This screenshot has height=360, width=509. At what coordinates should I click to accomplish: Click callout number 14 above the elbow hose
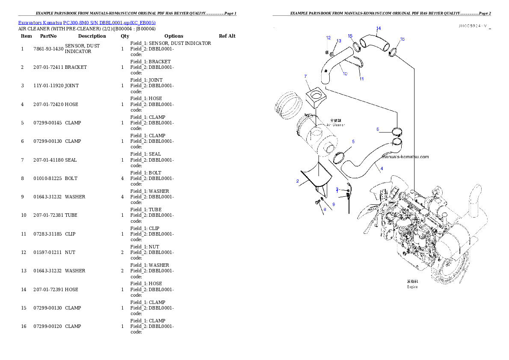tap(378, 29)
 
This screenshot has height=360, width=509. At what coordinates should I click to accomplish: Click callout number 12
tap(328, 38)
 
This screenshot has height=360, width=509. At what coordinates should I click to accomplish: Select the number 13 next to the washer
tap(339, 41)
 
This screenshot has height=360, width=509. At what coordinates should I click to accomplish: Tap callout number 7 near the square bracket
tap(305, 77)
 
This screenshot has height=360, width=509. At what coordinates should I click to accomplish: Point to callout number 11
tap(361, 79)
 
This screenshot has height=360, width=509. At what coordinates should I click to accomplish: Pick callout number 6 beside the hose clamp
tap(378, 129)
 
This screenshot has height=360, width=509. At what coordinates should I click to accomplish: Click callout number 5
tap(353, 141)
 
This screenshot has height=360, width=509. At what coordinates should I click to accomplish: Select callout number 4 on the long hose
tap(382, 168)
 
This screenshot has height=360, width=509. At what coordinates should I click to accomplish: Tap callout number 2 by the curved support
tap(297, 181)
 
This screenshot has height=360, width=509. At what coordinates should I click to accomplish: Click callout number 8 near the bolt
tap(325, 209)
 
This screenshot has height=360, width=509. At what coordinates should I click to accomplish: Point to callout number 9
tap(334, 204)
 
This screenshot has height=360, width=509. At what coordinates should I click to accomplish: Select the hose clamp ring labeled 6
tap(397, 131)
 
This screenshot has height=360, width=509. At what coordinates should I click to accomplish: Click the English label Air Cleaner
tap(336, 125)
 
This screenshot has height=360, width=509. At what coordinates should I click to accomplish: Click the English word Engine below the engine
tap(412, 287)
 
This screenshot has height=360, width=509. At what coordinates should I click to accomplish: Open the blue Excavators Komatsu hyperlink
tap(87, 22)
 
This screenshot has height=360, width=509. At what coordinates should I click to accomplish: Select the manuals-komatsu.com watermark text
tap(404, 157)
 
